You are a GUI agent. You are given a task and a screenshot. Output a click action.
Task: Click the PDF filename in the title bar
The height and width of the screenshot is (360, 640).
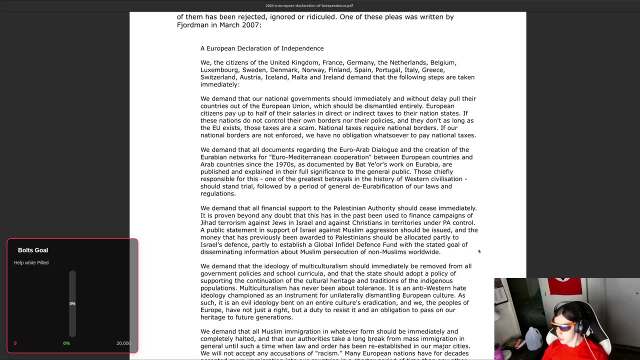point(309,5)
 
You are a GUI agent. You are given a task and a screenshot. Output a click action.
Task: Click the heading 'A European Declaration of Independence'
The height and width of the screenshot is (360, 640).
point(262,48)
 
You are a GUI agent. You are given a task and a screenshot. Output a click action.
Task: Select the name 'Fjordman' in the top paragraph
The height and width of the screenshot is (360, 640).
point(192,25)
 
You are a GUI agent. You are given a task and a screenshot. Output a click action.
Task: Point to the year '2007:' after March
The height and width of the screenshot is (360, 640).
point(252,25)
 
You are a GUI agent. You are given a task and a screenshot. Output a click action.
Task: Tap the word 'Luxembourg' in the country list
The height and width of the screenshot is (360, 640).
point(219,70)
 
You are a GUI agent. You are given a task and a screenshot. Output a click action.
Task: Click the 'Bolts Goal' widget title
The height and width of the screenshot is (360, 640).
point(33,250)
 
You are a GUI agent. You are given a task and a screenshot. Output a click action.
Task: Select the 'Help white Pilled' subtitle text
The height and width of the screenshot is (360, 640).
point(31,262)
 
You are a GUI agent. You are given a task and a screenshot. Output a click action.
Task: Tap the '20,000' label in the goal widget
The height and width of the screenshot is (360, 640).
point(123,343)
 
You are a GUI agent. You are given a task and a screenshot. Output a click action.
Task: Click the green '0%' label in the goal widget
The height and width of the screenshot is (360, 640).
point(66,343)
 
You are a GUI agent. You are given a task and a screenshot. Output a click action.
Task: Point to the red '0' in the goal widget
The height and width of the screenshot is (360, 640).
point(15,343)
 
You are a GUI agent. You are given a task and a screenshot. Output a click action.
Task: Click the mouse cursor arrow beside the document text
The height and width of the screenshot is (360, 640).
point(479,251)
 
